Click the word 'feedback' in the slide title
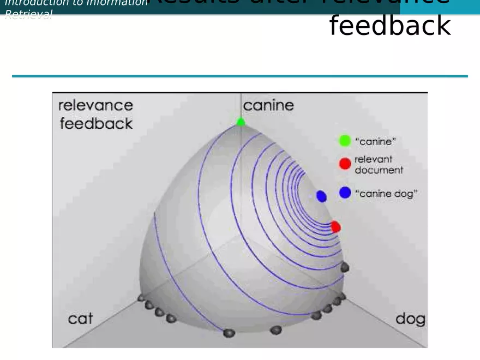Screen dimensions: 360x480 [x=390, y=26]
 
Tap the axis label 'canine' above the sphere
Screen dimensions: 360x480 [x=268, y=105]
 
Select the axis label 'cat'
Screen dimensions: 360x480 [x=80, y=319]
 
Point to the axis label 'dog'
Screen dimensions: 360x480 [x=410, y=319]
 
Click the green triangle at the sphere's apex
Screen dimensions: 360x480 [x=241, y=122]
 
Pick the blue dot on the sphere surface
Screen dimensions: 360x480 [x=321, y=196]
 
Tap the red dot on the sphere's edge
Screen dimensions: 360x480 [x=335, y=226]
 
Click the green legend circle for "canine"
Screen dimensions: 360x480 [x=345, y=141]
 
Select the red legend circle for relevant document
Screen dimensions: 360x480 [x=345, y=164]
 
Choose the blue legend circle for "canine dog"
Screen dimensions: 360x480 [x=345, y=193]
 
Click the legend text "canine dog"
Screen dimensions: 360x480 [x=386, y=193]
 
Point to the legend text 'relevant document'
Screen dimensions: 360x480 [x=379, y=164]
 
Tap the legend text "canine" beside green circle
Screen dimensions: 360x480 [x=375, y=141]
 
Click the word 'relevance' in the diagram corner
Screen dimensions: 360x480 [x=95, y=105]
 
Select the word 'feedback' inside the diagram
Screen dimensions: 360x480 [x=96, y=124]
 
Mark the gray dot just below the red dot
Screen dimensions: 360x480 [x=344, y=267]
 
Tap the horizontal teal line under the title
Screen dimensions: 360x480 [x=240, y=76]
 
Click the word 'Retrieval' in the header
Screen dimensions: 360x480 [x=28, y=15]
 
